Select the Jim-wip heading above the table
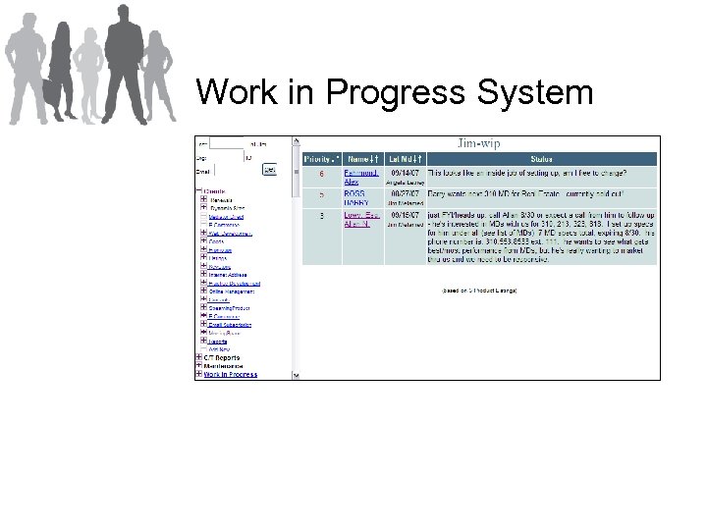click(x=478, y=143)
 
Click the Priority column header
click(x=320, y=158)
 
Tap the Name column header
click(x=361, y=158)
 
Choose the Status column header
click(x=541, y=158)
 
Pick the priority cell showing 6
click(x=321, y=174)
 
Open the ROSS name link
click(x=354, y=194)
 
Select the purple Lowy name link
click(x=360, y=214)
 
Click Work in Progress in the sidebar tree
click(x=231, y=374)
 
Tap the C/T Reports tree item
click(x=223, y=358)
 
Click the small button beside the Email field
click(x=270, y=169)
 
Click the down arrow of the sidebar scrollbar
click(x=296, y=374)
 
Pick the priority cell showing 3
click(x=321, y=215)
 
